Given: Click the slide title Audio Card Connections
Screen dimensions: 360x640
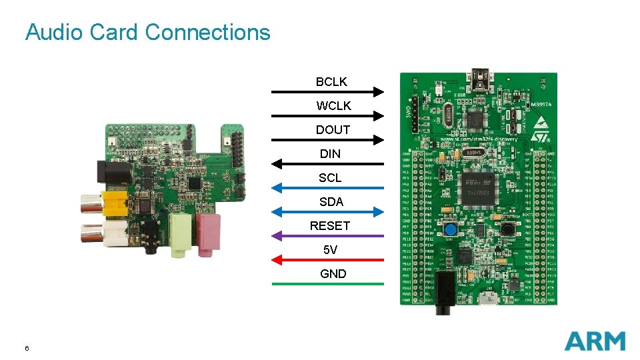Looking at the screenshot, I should pos(147,32).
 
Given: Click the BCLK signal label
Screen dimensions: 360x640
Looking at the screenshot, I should pos(331,81).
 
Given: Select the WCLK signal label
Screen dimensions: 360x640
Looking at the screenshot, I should pos(333,105).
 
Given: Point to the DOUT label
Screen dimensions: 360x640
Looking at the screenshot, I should pos(333,129).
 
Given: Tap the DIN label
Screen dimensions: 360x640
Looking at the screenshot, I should pos(330,153).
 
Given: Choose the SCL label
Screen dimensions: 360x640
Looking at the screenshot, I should pos(330,177).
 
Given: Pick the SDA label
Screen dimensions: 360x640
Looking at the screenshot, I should pos(331,201).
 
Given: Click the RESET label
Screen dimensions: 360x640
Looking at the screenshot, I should pos(329,225).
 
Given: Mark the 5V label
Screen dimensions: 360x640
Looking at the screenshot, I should pos(331,249).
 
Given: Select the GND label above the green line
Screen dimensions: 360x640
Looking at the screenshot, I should pos(333,273).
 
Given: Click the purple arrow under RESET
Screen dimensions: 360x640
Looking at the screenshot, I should pos(328,235).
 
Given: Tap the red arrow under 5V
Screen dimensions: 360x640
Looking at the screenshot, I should pos(328,259).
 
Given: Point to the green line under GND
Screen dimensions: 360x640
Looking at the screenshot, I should pos(328,284).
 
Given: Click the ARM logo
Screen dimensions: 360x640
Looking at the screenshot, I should pos(595,341).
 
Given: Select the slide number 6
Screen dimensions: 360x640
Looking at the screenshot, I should pos(27,348).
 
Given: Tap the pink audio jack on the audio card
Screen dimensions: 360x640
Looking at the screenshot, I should pos(209,233).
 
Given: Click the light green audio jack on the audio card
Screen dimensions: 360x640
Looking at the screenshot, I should pos(181,235).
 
